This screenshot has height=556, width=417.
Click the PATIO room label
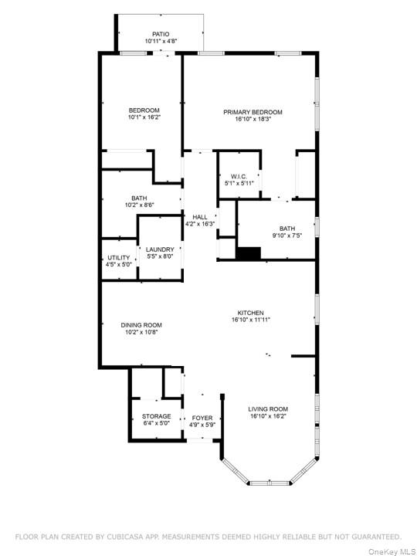(161, 34)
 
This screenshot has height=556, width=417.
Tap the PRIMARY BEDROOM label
(253, 112)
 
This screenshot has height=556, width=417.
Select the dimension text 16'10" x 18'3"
(253, 119)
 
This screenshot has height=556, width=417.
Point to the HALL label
(199, 217)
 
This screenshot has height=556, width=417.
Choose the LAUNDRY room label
(160, 249)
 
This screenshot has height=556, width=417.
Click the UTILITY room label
(118, 257)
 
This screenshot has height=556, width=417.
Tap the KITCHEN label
(251, 312)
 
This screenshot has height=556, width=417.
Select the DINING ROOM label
(141, 325)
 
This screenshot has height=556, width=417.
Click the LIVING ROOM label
(268, 409)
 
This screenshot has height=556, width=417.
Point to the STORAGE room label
(156, 416)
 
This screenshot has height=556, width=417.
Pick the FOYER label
(202, 417)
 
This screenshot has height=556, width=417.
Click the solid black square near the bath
(248, 254)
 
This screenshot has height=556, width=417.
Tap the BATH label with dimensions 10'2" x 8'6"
(139, 198)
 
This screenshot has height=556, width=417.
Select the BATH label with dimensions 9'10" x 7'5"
(287, 228)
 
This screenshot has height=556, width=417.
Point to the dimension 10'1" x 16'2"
(144, 117)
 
